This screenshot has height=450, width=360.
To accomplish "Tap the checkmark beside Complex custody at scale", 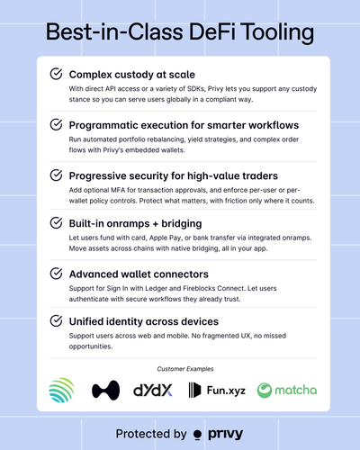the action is pos(56,74).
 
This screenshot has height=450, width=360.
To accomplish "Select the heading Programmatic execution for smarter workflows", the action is pos(184,125).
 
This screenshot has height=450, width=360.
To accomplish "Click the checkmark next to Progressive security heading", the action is pos(56,175).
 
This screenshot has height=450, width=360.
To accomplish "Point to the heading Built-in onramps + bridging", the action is pos(135,223).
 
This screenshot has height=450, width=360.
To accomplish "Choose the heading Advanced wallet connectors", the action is pos(139,274).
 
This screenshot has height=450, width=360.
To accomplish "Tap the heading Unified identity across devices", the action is pos(144,321).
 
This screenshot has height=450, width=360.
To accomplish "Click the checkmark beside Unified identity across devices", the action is pos(56,320).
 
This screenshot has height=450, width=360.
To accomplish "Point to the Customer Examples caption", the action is pos(185,369).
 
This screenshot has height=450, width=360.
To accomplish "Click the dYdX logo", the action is pos(153,390).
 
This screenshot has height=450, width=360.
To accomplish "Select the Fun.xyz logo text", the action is pos(226,391).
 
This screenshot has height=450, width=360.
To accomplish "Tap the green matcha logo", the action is pos(287,390).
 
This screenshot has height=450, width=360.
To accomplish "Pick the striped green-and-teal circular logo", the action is pos(61,390).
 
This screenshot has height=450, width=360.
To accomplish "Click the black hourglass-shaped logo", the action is pos(105,391).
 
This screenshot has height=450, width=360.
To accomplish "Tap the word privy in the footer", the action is pos(226,434).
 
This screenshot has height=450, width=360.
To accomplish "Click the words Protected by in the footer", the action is pos(151,434).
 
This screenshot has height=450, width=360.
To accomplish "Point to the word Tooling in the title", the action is pos(278,32).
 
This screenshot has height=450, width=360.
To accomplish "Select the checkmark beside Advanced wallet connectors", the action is pos(56,274).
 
